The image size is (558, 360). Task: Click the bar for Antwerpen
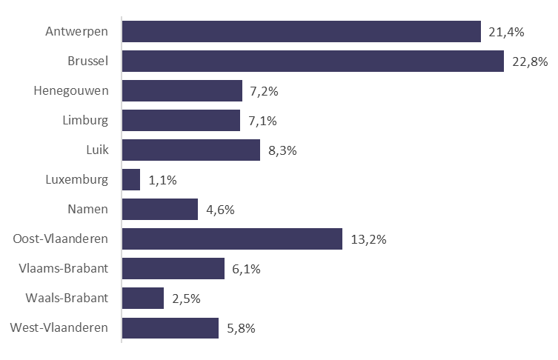[x=302, y=32]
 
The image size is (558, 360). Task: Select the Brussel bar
[x=313, y=61]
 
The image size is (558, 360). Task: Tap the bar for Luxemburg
[x=131, y=180]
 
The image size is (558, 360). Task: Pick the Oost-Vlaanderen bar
[x=232, y=239]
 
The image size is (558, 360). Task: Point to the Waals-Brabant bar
[x=143, y=299]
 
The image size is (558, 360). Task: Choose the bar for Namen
[x=160, y=210]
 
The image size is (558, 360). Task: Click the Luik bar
[x=191, y=150]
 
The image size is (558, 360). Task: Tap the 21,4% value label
[x=507, y=33]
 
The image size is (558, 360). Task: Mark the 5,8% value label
[x=240, y=328]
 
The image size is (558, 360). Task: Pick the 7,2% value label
[x=265, y=92]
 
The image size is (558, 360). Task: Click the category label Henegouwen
[x=71, y=91]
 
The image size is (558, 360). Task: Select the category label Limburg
[x=86, y=121]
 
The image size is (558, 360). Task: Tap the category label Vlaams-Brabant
[x=67, y=269]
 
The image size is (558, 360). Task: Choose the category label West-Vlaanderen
[x=59, y=328]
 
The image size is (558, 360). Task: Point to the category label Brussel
[x=89, y=61]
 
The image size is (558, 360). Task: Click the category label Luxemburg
[x=77, y=180]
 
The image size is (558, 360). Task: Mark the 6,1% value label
[x=245, y=270]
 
